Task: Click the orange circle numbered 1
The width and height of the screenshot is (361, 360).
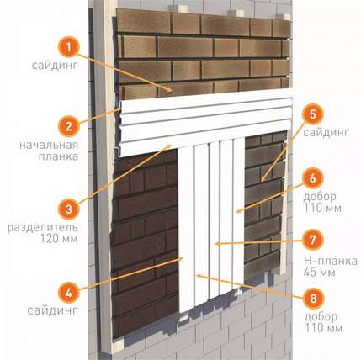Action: [69, 47]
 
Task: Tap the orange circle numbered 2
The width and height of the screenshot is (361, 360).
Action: [69, 126]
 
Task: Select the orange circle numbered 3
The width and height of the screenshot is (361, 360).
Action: [69, 209]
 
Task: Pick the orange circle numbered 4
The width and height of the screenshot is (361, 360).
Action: [69, 293]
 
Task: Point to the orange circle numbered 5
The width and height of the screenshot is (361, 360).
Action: [313, 114]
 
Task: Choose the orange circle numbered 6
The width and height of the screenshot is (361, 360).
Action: [313, 178]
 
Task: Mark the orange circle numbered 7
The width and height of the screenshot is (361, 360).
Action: [313, 240]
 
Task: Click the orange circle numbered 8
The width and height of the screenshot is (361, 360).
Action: [313, 298]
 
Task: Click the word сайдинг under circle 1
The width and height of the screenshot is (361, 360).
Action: [55, 66]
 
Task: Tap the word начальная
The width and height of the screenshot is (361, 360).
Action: [49, 145]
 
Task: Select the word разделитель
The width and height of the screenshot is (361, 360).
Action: [43, 228]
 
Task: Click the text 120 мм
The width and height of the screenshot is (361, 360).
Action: [59, 239]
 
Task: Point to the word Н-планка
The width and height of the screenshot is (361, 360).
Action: [331, 261]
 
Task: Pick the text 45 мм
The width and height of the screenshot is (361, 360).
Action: [320, 273]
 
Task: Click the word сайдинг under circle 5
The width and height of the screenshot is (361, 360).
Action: [326, 133]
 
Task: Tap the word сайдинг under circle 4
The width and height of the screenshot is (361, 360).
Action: [52, 311]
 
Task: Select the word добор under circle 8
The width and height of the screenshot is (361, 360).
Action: [321, 317]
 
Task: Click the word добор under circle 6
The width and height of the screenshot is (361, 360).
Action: [320, 197]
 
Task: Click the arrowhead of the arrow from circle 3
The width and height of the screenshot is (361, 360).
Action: [169, 146]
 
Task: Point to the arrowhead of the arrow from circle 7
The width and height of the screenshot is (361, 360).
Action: [217, 244]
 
